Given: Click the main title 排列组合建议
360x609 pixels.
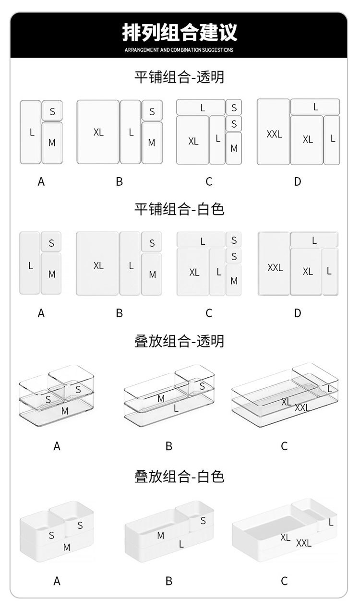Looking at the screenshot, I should [x=180, y=32].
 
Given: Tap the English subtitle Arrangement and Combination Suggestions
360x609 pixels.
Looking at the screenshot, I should [x=179, y=50].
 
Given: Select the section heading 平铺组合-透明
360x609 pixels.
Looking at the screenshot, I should [x=179, y=77].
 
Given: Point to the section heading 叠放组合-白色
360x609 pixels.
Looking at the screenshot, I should [x=179, y=477].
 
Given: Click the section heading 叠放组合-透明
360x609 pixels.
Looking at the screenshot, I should [x=179, y=341].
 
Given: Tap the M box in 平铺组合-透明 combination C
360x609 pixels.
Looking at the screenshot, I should [x=234, y=148].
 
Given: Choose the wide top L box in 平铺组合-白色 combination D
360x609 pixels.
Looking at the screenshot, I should [x=314, y=240].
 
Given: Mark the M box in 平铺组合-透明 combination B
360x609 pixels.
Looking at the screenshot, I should [x=152, y=143].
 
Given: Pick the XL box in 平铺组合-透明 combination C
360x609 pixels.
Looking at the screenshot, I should [x=193, y=140].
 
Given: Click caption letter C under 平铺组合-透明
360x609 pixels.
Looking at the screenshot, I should [x=209, y=181].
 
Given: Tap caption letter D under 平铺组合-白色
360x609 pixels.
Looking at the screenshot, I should [x=298, y=313].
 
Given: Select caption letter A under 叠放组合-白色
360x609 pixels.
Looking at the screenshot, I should [x=57, y=581].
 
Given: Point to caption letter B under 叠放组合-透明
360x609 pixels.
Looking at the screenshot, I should [x=169, y=446].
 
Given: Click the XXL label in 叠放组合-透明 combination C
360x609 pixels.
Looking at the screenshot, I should [x=302, y=408].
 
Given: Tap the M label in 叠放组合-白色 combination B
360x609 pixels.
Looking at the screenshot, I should [x=160, y=535].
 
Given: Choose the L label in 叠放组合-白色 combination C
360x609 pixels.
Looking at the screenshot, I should [x=331, y=522].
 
